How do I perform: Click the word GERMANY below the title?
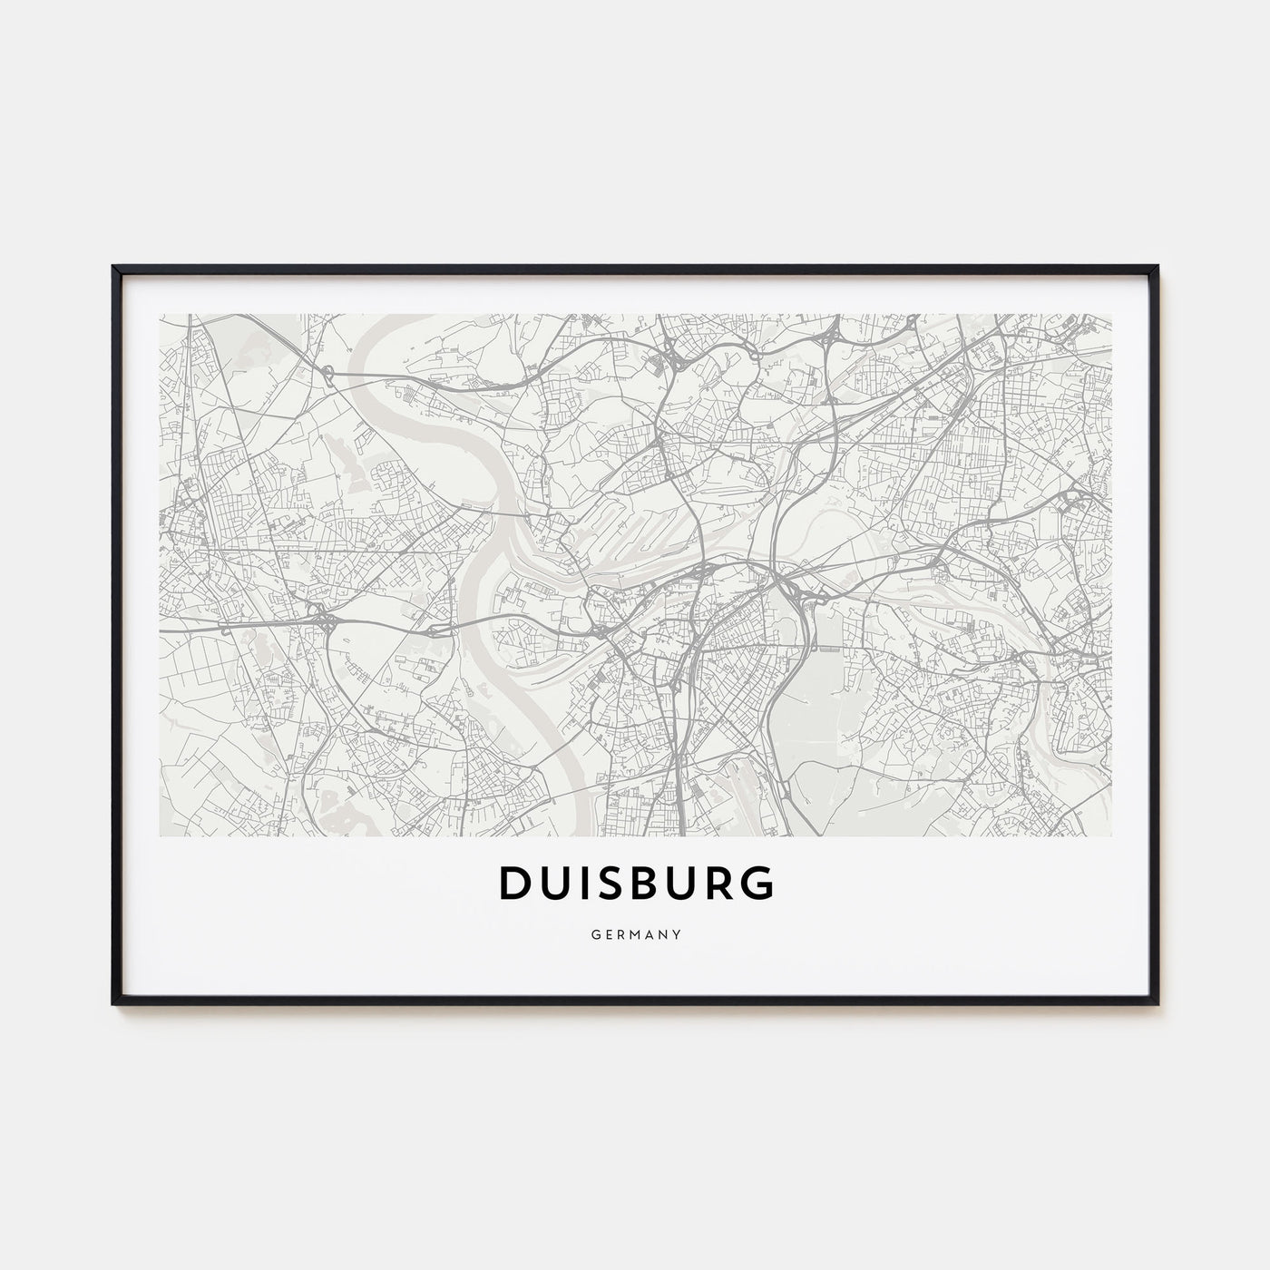click(x=635, y=932)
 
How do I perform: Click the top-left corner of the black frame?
click(x=114, y=268)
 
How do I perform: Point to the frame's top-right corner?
click(x=1157, y=268)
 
